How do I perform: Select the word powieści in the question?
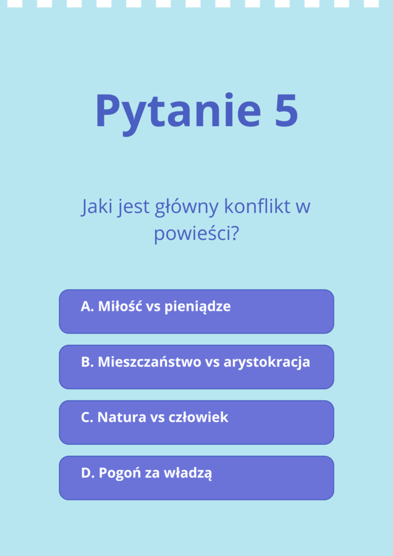click(x=192, y=234)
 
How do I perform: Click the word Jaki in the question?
click(x=96, y=206)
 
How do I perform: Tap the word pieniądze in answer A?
click(x=197, y=307)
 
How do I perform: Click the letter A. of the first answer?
click(x=87, y=306)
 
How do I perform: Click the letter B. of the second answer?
click(x=87, y=362)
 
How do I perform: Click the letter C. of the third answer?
click(x=87, y=418)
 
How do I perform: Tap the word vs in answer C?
click(x=157, y=418)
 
